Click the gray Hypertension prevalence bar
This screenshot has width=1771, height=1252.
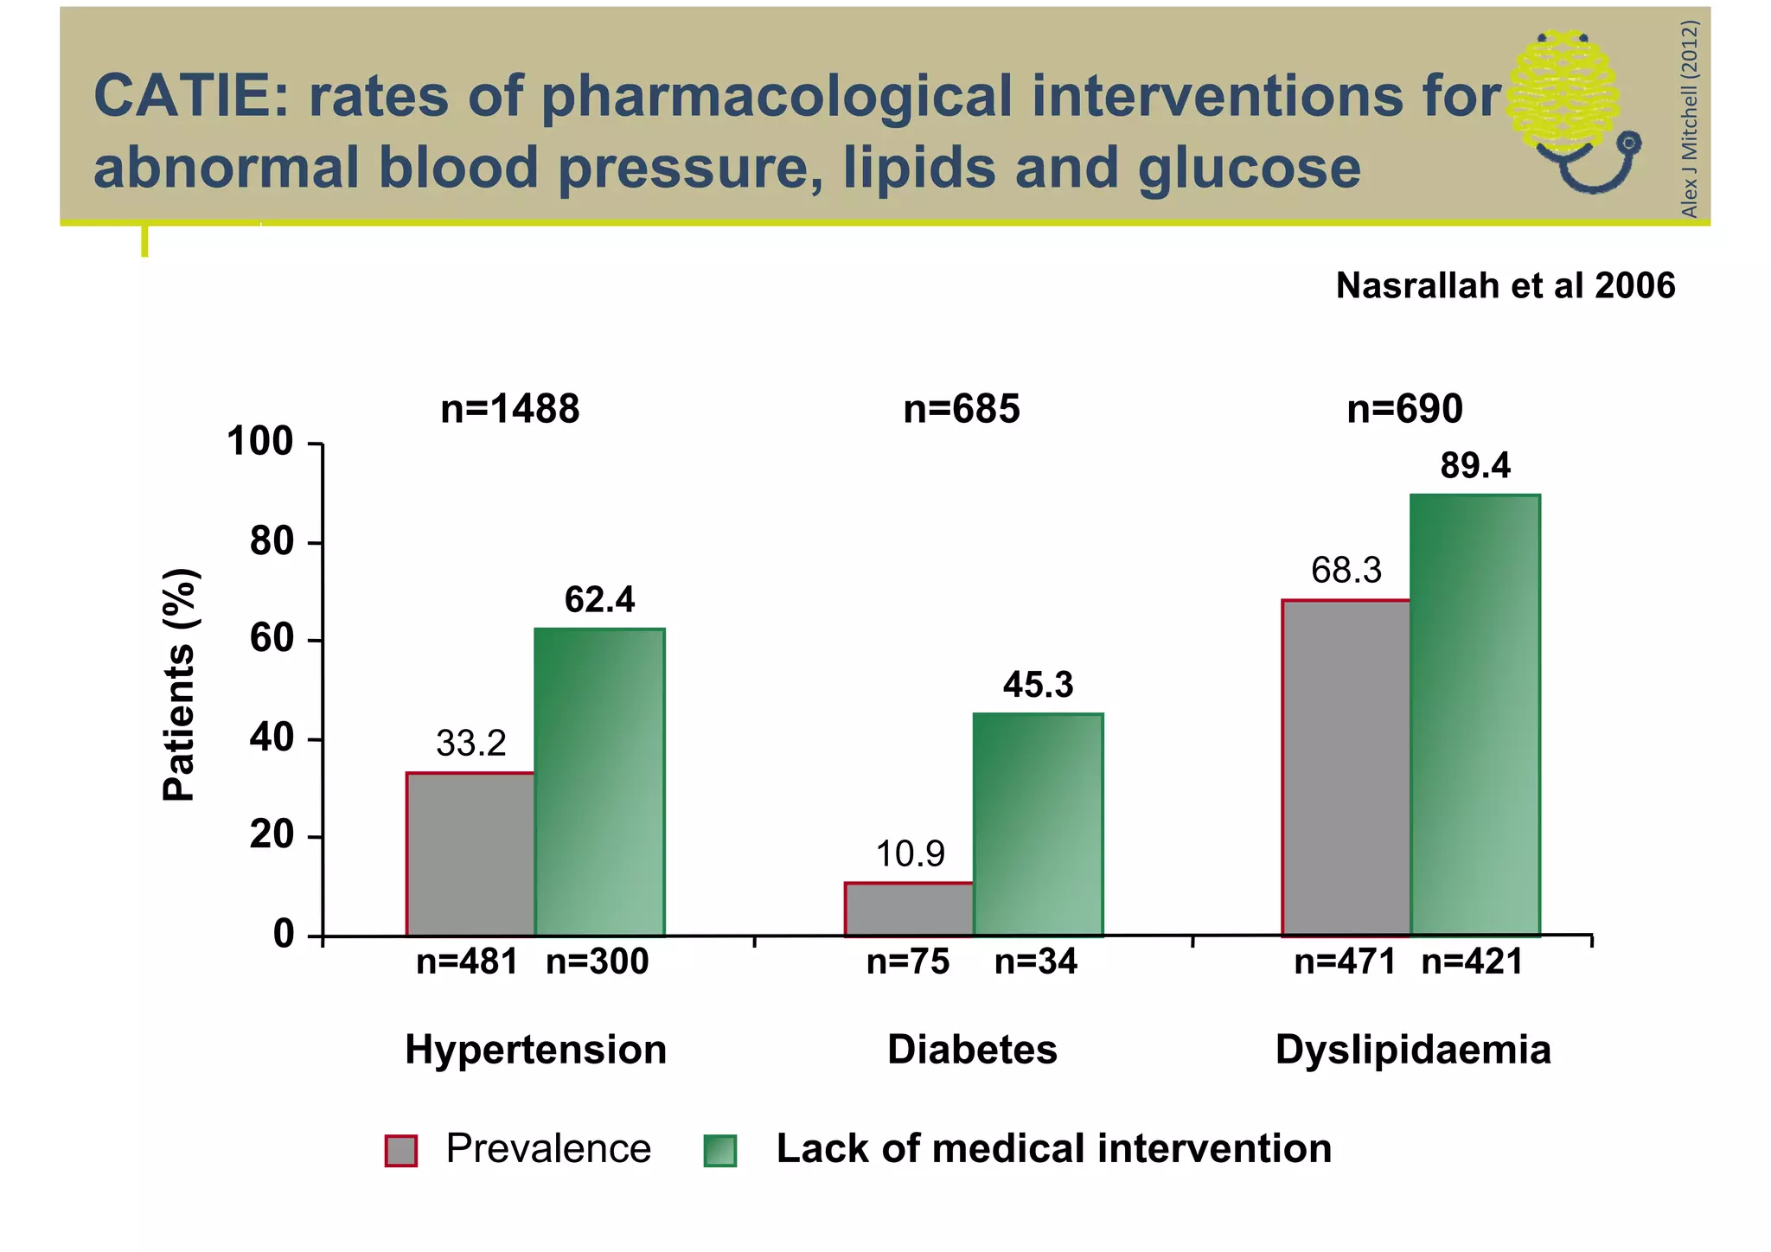(470, 854)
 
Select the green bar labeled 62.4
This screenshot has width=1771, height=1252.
(599, 782)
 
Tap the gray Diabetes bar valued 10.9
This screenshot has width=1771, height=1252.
(909, 909)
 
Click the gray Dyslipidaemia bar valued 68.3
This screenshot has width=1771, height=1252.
(1346, 768)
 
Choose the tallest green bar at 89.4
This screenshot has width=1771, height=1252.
(1474, 715)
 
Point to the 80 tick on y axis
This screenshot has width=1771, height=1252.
(272, 542)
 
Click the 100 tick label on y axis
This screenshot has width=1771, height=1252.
(260, 442)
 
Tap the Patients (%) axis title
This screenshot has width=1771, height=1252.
(180, 685)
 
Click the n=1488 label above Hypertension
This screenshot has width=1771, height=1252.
(509, 409)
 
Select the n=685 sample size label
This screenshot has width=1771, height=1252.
(961, 409)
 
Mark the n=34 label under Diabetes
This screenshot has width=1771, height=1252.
(1035, 961)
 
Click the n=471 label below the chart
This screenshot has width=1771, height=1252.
(1345, 961)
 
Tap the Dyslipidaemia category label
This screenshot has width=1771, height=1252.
(1412, 1050)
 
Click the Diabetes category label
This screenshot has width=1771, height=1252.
(972, 1050)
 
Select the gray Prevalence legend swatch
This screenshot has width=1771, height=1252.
(401, 1151)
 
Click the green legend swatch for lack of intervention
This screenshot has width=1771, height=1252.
(719, 1151)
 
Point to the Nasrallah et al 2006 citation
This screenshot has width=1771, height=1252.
(1505, 286)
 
